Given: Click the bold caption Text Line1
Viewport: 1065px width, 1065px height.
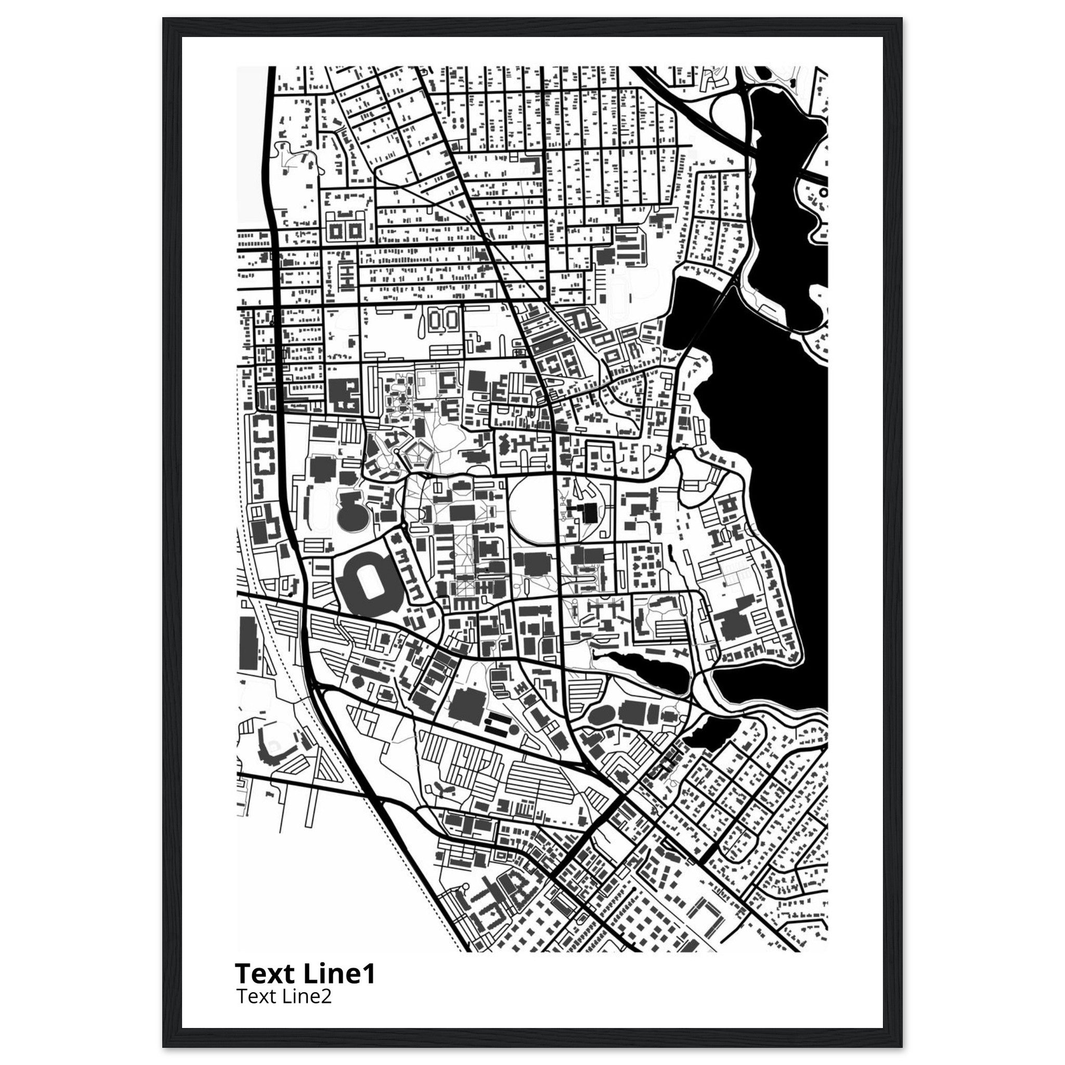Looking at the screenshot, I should pos(305,973).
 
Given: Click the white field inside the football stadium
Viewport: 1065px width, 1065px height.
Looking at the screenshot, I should pos(366,582).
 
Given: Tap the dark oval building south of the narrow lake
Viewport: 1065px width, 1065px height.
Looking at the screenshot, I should pos(602,716).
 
